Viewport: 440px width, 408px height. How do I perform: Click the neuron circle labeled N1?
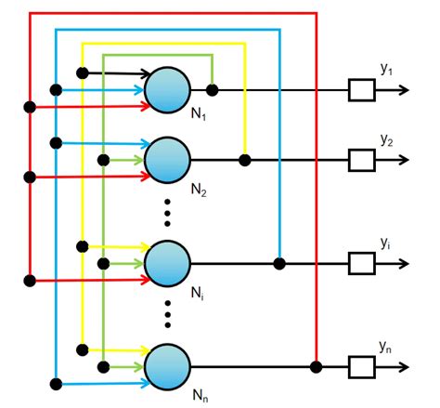coord(168,90)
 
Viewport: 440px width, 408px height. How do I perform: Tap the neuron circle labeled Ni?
coord(168,263)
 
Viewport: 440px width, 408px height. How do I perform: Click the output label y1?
coord(388,71)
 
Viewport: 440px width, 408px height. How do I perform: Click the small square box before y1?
coord(361,90)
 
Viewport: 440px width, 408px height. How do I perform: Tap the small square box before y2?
coord(361,160)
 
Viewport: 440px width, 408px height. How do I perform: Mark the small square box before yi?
coord(361,263)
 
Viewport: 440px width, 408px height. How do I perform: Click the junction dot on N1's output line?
coord(213,90)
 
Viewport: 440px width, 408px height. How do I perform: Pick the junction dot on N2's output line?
coord(245,160)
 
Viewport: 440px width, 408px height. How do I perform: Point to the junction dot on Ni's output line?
coord(278,263)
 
